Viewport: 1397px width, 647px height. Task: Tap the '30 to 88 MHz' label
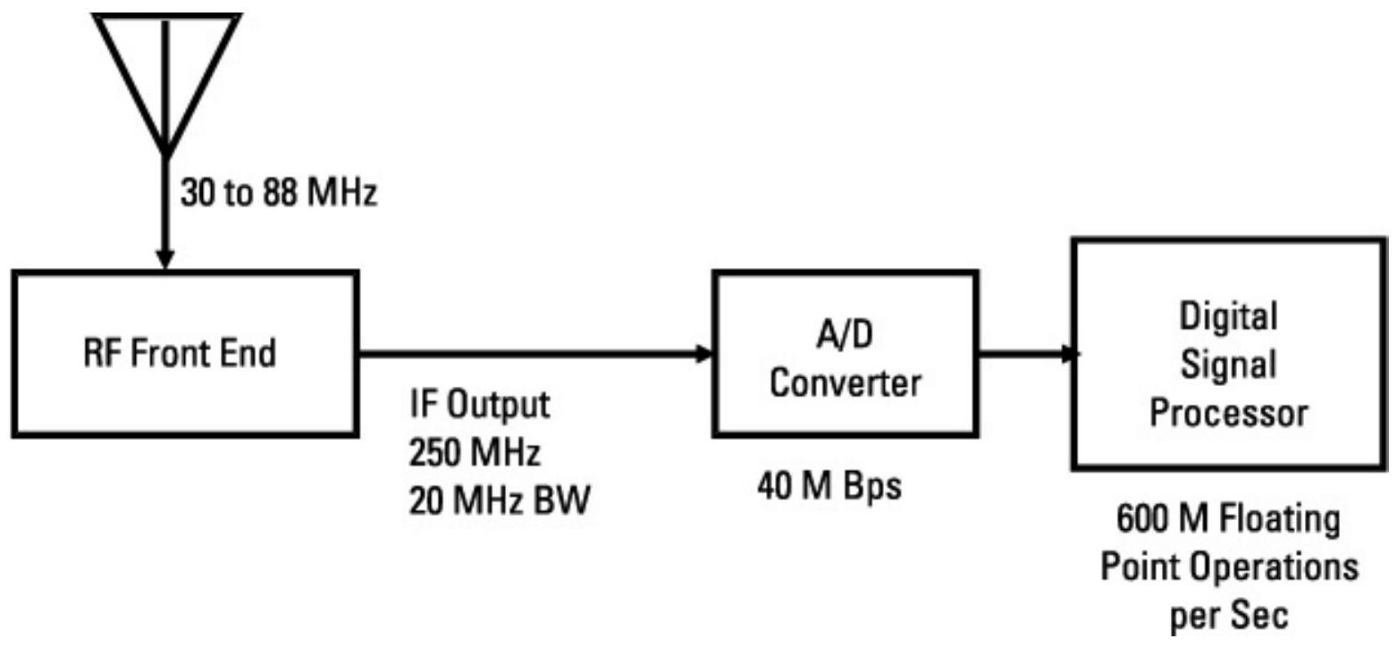(278, 194)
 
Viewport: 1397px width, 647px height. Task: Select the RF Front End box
(185, 354)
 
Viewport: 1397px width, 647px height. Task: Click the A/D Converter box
(846, 354)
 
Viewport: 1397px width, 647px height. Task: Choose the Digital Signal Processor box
(1228, 354)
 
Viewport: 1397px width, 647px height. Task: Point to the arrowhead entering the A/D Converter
(705, 354)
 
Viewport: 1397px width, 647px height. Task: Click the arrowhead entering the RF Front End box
(164, 260)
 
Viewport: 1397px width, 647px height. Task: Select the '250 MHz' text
(475, 454)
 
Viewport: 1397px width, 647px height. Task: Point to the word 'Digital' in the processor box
(1228, 316)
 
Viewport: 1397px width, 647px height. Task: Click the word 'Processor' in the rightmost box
(1228, 414)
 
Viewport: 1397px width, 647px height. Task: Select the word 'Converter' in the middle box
(846, 383)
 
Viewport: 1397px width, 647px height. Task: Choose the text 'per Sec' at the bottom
(1228, 616)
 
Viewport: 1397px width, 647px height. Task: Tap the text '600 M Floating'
(1228, 521)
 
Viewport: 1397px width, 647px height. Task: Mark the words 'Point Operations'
(1228, 568)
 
